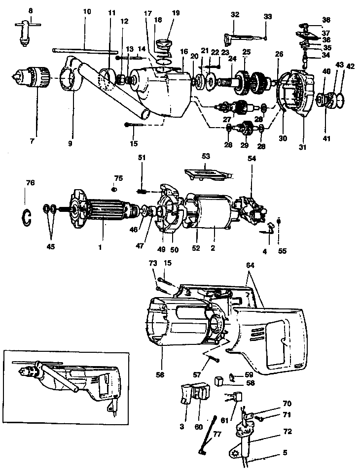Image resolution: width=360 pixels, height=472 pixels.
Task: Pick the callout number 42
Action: tap(350, 66)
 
